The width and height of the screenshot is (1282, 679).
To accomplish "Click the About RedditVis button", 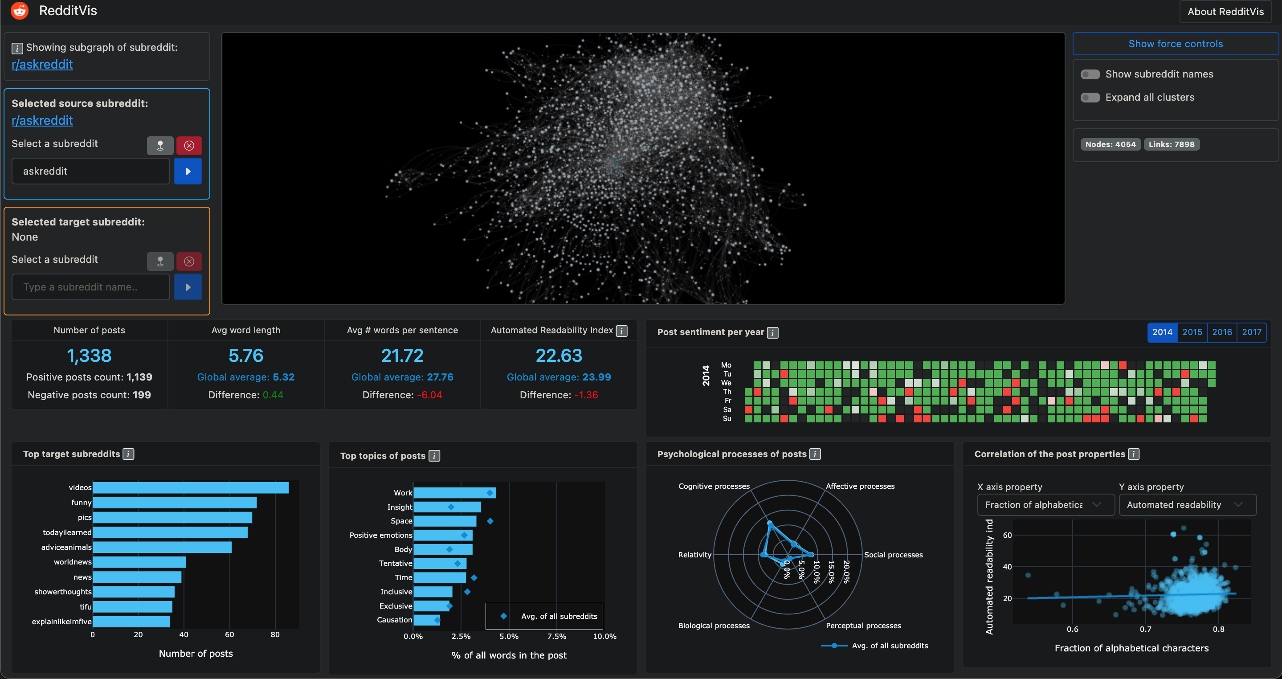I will [x=1225, y=12].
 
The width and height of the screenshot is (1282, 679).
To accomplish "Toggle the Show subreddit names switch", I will [x=1090, y=74].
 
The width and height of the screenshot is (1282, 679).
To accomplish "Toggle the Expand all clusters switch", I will [x=1090, y=98].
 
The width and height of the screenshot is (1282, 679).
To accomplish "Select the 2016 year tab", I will [x=1222, y=332].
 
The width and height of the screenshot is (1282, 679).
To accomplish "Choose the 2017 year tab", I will [x=1251, y=332].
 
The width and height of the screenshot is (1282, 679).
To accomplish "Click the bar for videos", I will [x=191, y=487].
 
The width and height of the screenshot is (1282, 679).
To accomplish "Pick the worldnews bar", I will [x=139, y=562].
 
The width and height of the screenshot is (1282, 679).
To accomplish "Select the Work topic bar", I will [x=454, y=493].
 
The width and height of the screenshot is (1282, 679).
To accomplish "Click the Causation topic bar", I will [x=426, y=620].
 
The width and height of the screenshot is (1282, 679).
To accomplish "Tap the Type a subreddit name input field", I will [x=90, y=287].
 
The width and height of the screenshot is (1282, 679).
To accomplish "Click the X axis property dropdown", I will [x=1045, y=505].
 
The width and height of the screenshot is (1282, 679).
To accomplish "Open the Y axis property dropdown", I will [x=1187, y=505].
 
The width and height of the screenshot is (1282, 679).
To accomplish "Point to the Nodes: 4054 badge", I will [x=1111, y=144].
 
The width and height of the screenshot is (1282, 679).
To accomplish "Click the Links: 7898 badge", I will [x=1171, y=144].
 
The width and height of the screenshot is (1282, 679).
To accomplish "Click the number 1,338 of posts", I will [x=89, y=356].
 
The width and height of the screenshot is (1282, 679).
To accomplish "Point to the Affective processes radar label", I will [x=860, y=487].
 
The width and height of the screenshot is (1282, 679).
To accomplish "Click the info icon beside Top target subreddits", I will [x=128, y=454].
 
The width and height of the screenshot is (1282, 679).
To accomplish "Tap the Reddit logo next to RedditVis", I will [x=20, y=10].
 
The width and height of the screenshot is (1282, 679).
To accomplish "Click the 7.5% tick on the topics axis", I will [x=556, y=636].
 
